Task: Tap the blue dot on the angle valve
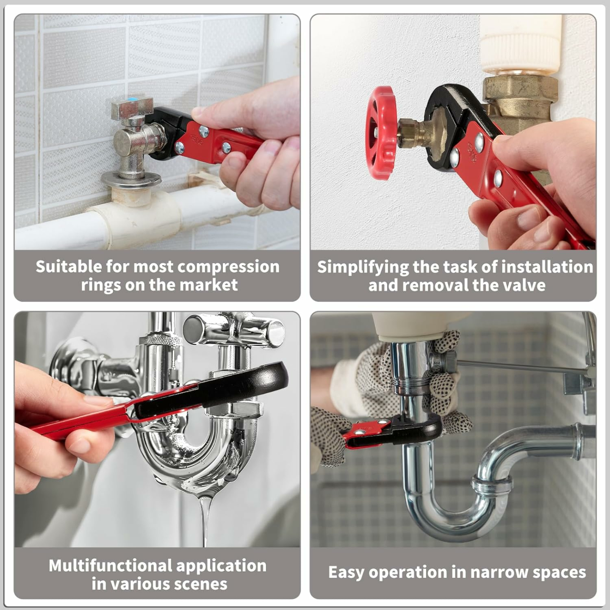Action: [x=133, y=100]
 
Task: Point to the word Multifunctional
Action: [x=110, y=566]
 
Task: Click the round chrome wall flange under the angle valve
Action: [x=131, y=180]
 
